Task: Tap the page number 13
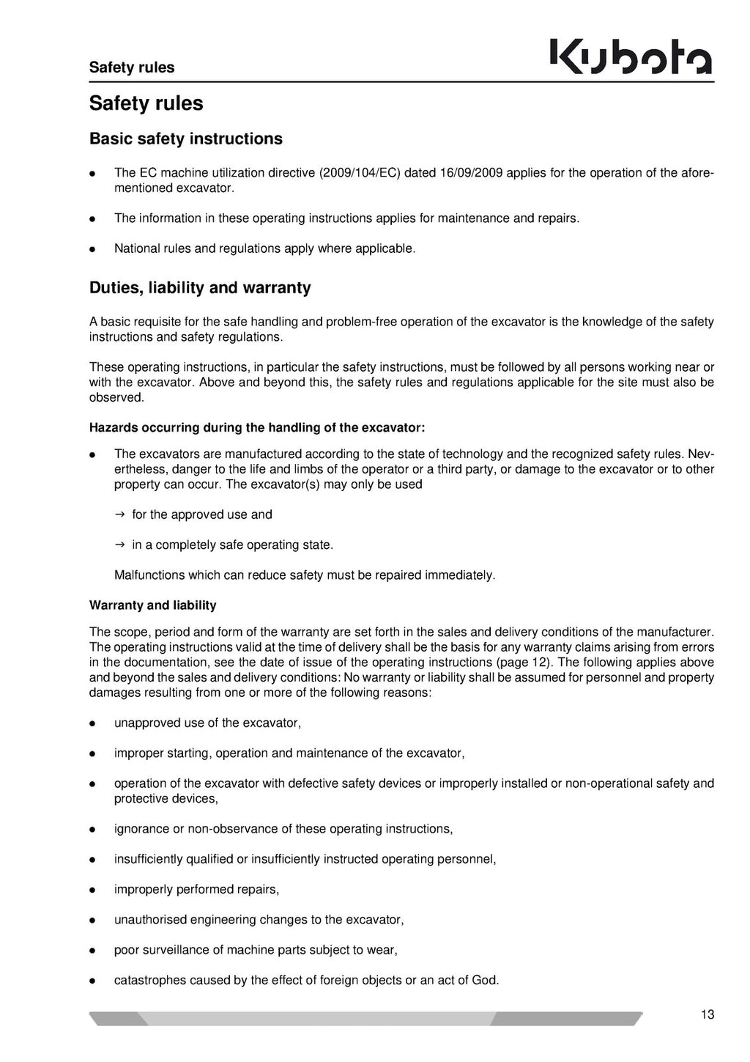(707, 1015)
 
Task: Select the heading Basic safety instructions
(185, 139)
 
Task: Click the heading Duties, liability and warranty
(200, 287)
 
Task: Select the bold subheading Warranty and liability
(152, 605)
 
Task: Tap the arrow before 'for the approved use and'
(120, 515)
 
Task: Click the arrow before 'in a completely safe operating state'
(120, 545)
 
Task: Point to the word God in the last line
(484, 980)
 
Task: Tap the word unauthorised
(150, 920)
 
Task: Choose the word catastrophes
(150, 980)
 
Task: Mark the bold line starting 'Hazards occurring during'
(257, 427)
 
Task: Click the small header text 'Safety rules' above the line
(132, 67)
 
